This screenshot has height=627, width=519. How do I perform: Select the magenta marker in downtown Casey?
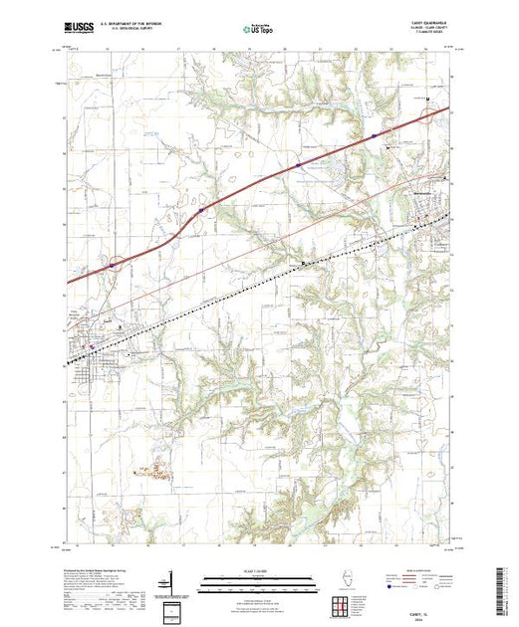(94, 347)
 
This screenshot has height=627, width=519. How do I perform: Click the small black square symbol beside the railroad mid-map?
(303, 262)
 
